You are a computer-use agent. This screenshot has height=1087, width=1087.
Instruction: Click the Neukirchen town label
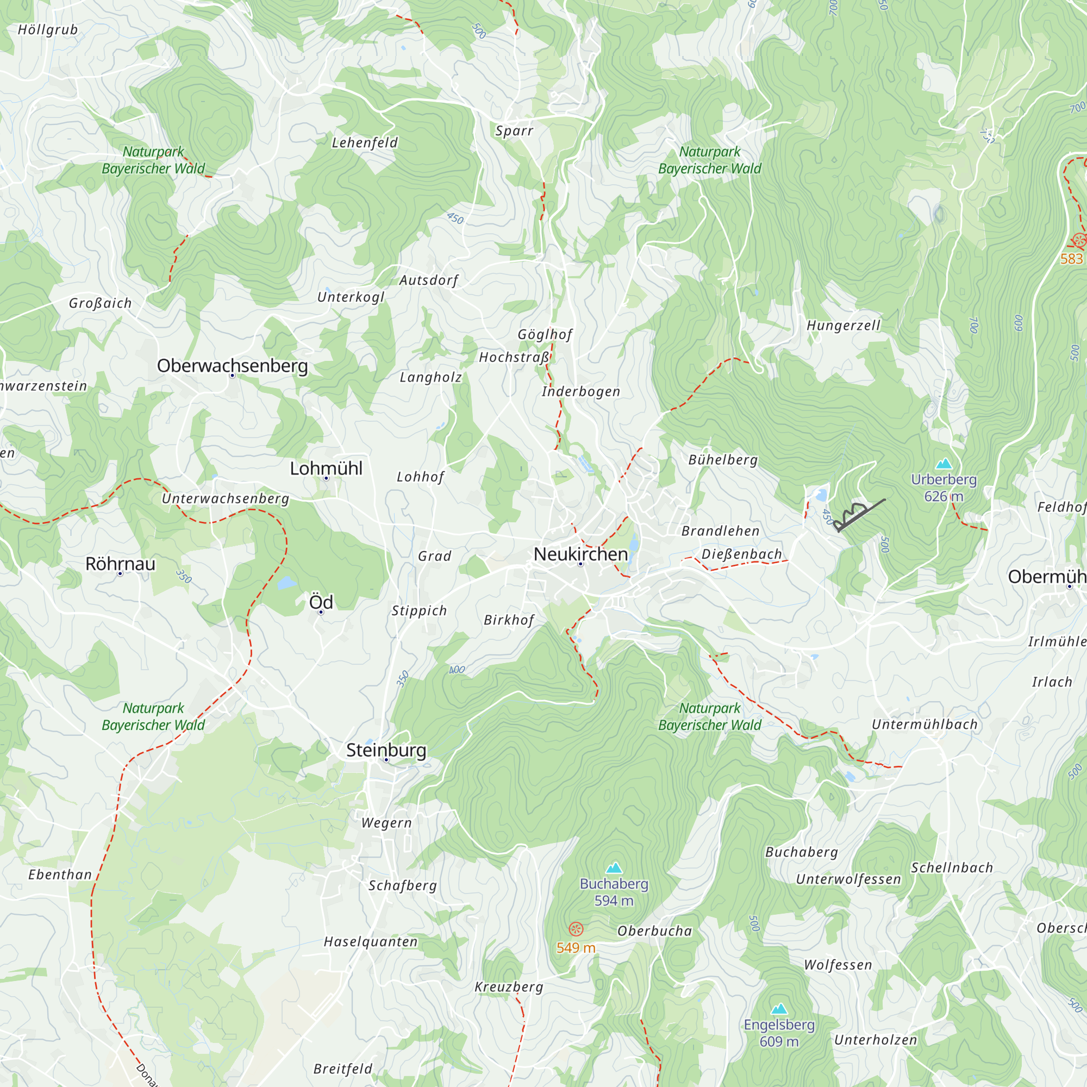(580, 554)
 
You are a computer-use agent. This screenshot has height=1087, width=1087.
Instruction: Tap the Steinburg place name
(386, 750)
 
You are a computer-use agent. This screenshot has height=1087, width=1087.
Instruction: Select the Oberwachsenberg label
(232, 366)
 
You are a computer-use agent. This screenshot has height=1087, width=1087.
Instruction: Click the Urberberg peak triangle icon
(944, 464)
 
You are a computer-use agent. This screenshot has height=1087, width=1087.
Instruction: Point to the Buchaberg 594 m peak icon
(614, 867)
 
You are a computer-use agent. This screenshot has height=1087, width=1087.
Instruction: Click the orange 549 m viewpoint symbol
(576, 929)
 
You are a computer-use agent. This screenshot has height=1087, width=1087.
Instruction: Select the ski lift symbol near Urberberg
(860, 514)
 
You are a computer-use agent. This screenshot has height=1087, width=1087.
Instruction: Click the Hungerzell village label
(843, 325)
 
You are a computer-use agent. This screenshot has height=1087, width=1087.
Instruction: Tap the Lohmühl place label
(326, 468)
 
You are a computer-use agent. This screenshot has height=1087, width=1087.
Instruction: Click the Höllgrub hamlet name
(48, 30)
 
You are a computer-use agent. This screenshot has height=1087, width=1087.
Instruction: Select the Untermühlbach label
(924, 724)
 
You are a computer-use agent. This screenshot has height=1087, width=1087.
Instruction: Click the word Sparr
(514, 131)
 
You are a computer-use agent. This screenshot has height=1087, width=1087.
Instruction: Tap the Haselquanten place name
(370, 942)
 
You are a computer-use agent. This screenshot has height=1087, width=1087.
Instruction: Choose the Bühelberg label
(723, 460)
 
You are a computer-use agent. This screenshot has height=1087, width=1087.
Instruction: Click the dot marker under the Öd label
(321, 612)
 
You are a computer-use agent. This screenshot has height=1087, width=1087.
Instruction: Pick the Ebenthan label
(60, 875)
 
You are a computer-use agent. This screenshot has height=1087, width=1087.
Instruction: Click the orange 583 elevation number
(1071, 259)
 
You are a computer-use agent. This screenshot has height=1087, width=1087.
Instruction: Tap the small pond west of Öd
(286, 582)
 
